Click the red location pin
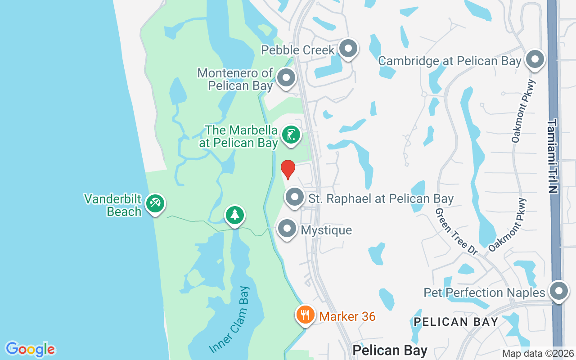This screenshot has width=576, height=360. point(288,169)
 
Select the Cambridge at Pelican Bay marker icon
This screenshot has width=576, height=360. point(535,59)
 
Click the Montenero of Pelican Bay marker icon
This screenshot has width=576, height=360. point(285,77)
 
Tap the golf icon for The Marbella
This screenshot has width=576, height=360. point(291,135)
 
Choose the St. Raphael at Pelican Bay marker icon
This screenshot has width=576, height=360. point(295,197)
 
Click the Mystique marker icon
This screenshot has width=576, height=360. point(287,229)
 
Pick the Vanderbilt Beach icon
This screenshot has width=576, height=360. point(155,203)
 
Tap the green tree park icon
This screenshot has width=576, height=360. point(234,215)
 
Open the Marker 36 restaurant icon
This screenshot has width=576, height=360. point(306,315)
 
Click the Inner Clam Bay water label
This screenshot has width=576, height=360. point(229,320)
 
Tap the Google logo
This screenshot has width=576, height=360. point(31,349)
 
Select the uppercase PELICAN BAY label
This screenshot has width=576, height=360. point(456,322)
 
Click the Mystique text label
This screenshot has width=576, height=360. point(326,230)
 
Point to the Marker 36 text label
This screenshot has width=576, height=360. point(347,316)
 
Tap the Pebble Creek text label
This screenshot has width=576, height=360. point(298,49)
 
